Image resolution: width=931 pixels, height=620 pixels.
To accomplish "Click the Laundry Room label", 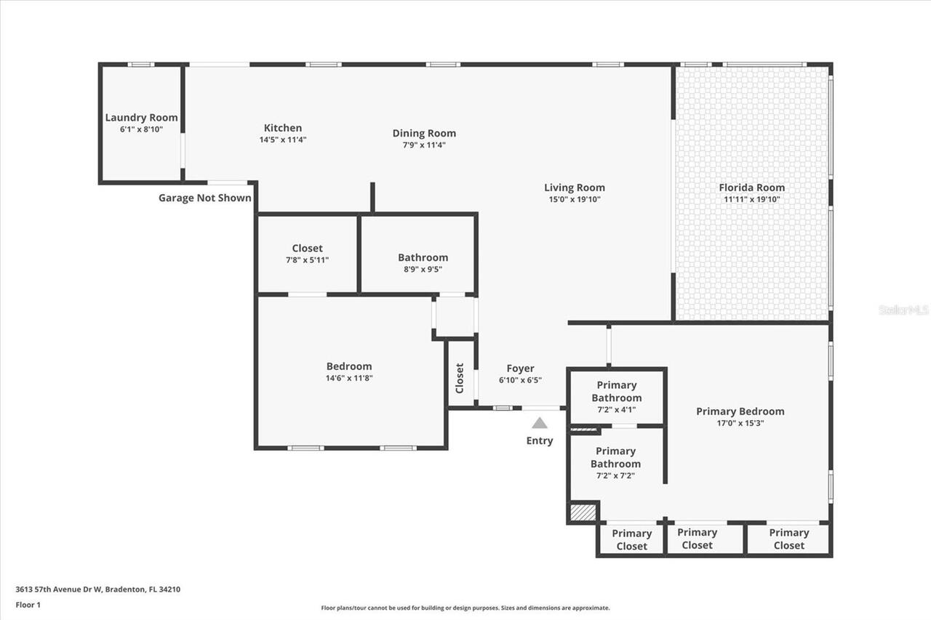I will pyautogui.click(x=141, y=118).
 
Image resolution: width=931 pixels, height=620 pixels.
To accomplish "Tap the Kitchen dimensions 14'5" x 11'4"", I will pyautogui.click(x=283, y=140).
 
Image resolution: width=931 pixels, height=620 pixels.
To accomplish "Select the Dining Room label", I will pyautogui.click(x=424, y=133).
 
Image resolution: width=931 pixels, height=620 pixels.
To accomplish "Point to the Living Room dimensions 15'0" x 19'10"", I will pyautogui.click(x=575, y=199).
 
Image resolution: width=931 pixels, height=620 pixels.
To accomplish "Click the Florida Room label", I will pyautogui.click(x=752, y=188).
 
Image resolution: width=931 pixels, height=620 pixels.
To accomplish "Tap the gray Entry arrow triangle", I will pyautogui.click(x=539, y=423).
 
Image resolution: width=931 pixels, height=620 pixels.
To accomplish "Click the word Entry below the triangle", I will pyautogui.click(x=540, y=440).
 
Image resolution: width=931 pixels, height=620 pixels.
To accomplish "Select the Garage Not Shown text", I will pyautogui.click(x=205, y=198).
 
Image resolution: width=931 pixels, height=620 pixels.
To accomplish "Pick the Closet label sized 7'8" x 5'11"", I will pyautogui.click(x=307, y=248).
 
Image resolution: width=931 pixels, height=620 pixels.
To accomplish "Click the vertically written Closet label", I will pyautogui.click(x=460, y=379).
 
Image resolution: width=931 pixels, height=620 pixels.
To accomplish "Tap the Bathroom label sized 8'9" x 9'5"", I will pyautogui.click(x=423, y=257).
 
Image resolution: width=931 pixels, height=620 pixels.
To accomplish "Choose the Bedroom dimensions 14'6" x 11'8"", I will pyautogui.click(x=349, y=378).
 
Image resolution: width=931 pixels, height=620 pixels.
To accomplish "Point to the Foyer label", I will pyautogui.click(x=520, y=369).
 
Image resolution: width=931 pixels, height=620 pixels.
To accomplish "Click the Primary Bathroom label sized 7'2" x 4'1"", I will pyautogui.click(x=616, y=391).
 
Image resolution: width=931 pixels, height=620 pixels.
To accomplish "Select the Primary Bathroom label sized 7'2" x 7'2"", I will pyautogui.click(x=615, y=457).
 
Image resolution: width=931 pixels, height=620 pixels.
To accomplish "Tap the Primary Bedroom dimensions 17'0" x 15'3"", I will pyautogui.click(x=740, y=423).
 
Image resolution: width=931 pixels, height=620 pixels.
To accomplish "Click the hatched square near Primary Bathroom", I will pyautogui.click(x=583, y=512).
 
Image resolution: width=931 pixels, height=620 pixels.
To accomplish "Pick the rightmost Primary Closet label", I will pyautogui.click(x=788, y=539).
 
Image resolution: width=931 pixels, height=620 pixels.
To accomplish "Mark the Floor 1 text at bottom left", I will pyautogui.click(x=28, y=604).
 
